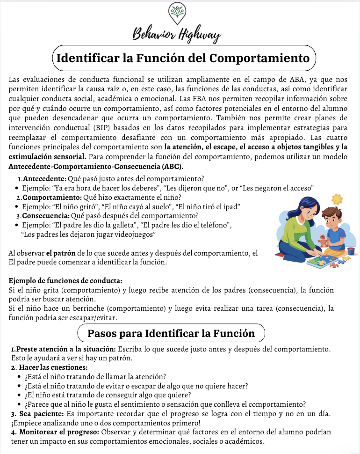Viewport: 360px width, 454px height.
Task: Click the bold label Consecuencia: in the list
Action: (x=46, y=216)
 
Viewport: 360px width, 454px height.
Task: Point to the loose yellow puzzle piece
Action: (x=346, y=258)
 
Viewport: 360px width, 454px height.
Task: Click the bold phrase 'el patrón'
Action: (x=61, y=253)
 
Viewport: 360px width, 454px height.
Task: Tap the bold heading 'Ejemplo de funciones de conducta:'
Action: (x=66, y=281)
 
